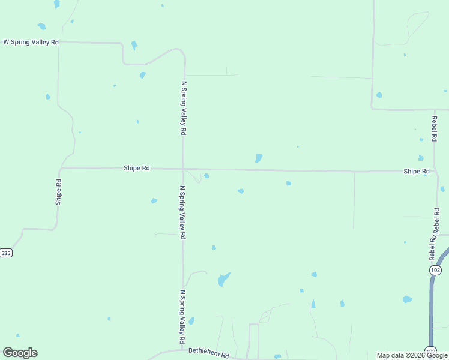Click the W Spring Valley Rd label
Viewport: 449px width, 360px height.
(x=31, y=42)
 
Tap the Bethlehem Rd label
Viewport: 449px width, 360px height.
(x=209, y=355)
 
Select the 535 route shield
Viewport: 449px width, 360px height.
(x=5, y=253)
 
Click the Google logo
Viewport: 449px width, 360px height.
(x=20, y=353)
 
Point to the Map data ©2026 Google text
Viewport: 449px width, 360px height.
(x=412, y=355)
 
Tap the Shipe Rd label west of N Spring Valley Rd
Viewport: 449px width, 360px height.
(x=136, y=169)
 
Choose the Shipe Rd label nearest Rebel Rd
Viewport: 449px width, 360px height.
(x=417, y=172)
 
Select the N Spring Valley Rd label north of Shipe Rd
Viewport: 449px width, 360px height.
(x=184, y=108)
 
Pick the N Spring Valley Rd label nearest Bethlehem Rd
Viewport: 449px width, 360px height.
(x=182, y=317)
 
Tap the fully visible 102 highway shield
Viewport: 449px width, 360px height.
(x=436, y=271)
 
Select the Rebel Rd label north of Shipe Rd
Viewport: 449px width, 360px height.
(x=434, y=128)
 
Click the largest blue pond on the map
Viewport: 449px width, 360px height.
(x=223, y=279)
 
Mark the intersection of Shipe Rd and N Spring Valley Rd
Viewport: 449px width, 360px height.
(x=184, y=169)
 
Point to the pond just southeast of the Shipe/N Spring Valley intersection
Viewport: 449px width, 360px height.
(x=206, y=176)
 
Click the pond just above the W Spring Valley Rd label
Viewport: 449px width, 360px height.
(x=41, y=26)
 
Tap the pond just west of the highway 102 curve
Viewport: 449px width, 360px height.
(x=408, y=299)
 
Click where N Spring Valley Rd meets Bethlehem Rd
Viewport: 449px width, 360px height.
(x=182, y=350)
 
